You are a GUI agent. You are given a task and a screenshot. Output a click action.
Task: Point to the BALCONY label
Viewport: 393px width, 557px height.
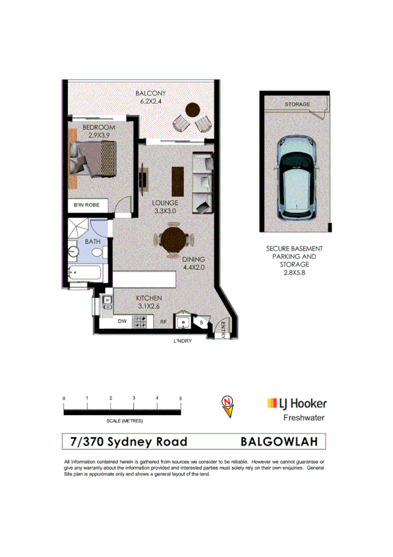(x=150, y=94)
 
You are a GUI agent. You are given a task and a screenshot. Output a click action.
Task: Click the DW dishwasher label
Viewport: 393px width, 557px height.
(x=122, y=322)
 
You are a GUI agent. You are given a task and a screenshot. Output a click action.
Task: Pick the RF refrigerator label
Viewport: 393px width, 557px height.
(x=164, y=322)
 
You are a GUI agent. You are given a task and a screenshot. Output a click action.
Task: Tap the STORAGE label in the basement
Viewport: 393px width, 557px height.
(x=297, y=105)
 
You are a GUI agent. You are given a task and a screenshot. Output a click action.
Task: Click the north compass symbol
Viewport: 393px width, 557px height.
(x=227, y=406)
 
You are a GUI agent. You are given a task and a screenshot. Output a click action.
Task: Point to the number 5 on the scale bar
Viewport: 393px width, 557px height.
(x=180, y=399)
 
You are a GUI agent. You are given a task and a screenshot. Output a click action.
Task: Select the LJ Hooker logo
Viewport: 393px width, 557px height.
(x=296, y=403)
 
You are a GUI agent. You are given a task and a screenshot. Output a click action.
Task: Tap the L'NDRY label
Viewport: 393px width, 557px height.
(x=181, y=341)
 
